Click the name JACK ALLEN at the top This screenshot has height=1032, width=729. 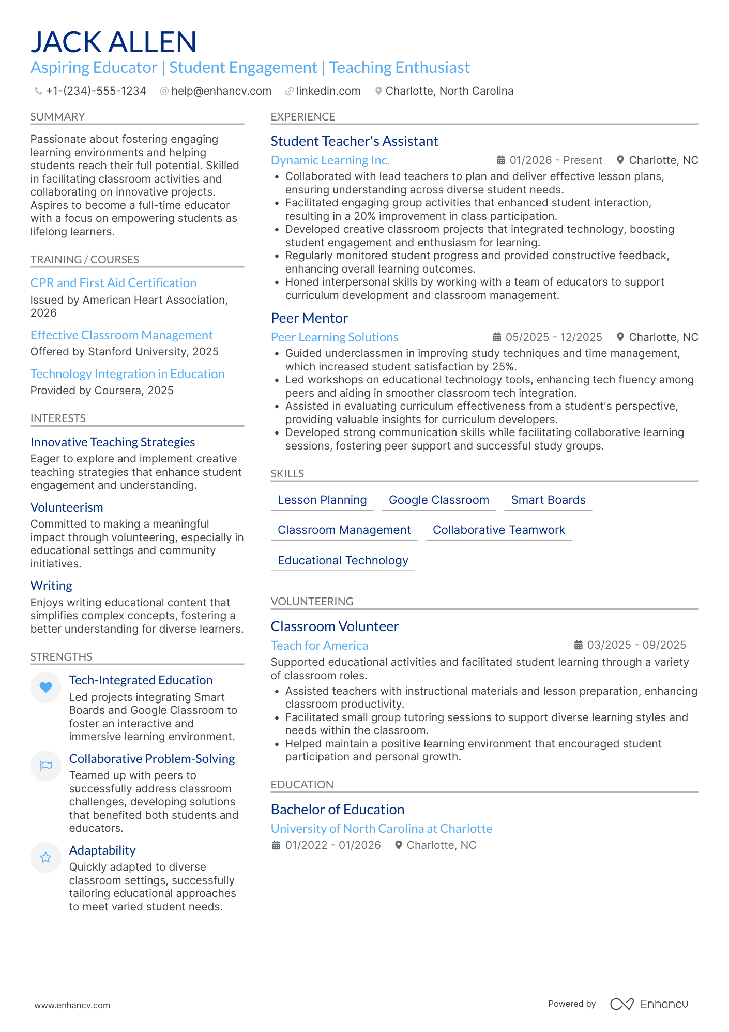coord(114,42)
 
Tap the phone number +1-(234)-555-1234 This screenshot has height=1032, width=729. coord(96,91)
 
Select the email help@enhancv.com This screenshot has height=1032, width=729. coord(221,91)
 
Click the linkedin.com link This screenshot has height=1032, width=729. coord(328,91)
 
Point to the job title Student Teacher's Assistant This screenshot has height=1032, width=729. coord(354,141)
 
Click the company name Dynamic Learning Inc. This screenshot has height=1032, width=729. coord(330,160)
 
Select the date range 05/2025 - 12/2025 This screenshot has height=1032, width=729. coord(553,337)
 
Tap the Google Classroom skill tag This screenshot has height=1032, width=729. coord(438,500)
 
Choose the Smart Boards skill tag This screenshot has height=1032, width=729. coord(548,500)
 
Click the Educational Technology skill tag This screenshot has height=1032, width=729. coord(343,561)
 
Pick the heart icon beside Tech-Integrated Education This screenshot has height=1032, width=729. coord(46,687)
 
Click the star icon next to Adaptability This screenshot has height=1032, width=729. coord(46,858)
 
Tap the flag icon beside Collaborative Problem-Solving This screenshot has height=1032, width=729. coord(46,766)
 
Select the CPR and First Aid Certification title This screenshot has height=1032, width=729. coord(113,283)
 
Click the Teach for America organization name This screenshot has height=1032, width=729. coord(319,646)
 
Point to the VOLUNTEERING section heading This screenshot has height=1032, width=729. coord(312,602)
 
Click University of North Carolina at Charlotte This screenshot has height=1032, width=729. coord(381,829)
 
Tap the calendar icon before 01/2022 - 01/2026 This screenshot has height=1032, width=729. coord(276,845)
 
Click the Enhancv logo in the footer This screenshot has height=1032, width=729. coord(649,1004)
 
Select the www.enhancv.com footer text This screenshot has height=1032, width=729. coord(72,1005)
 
